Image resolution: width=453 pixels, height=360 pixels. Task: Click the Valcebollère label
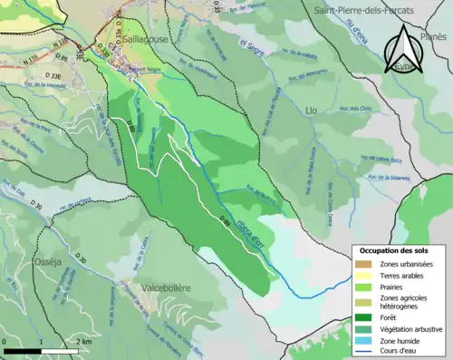[x=166, y=287]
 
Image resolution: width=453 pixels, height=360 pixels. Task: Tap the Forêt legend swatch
[x=366, y=317]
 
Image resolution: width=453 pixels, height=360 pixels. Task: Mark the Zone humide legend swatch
[x=366, y=341]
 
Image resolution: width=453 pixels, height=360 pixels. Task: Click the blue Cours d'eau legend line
[x=366, y=352]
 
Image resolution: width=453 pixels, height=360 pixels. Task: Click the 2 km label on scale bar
[x=82, y=342]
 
